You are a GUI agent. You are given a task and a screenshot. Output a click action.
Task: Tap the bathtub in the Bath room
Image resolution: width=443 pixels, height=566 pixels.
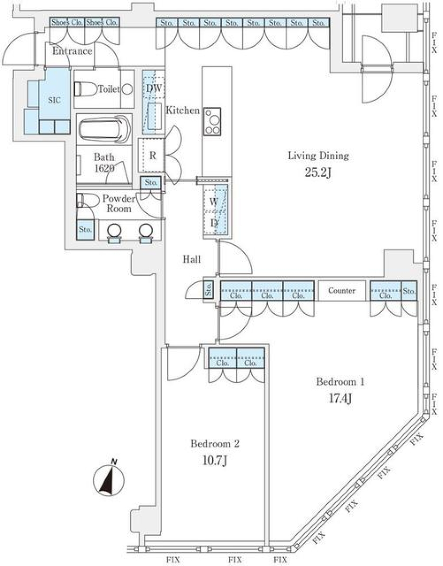pyautogui.click(x=105, y=130)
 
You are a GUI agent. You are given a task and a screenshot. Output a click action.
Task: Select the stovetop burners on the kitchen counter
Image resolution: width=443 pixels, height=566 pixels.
pyautogui.click(x=212, y=122)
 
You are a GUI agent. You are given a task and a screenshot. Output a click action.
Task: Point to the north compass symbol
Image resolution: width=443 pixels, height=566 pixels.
pyautogui.click(x=108, y=480)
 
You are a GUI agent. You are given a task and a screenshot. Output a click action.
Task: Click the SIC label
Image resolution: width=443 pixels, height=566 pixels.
pyautogui.click(x=54, y=100)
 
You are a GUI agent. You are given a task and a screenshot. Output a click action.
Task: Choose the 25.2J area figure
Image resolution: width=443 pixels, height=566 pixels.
pyautogui.click(x=318, y=172)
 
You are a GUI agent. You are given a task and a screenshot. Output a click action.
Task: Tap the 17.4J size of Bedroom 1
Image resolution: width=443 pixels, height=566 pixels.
pyautogui.click(x=340, y=399)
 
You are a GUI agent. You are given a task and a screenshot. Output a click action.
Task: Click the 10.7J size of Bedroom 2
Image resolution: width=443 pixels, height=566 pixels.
pyautogui.click(x=215, y=460)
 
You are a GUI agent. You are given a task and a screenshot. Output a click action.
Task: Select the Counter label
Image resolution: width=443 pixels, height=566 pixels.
pyautogui.click(x=341, y=291)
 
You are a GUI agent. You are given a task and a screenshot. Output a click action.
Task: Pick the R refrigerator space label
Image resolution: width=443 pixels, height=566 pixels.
pyautogui.click(x=153, y=155)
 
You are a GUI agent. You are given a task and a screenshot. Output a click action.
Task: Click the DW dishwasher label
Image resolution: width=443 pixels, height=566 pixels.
pyautogui.click(x=154, y=89)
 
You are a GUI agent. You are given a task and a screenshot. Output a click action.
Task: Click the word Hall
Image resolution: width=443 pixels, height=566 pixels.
pyautogui.click(x=192, y=259)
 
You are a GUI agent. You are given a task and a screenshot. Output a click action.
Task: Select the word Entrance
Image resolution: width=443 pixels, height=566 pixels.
pyautogui.click(x=72, y=51)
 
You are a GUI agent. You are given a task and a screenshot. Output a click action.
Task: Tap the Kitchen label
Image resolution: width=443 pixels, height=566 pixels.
pyautogui.click(x=183, y=110)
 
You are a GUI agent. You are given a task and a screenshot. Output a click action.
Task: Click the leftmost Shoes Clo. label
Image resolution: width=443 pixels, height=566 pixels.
pyautogui.click(x=67, y=23)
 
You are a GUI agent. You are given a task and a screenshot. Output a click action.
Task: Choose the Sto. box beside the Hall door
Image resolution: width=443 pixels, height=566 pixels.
pyautogui.click(x=208, y=289)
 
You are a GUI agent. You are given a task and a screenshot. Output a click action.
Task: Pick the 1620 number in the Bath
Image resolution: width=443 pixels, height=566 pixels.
pyautogui.click(x=104, y=168)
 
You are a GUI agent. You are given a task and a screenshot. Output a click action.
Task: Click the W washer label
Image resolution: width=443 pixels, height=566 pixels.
pyautogui.click(x=214, y=202)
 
